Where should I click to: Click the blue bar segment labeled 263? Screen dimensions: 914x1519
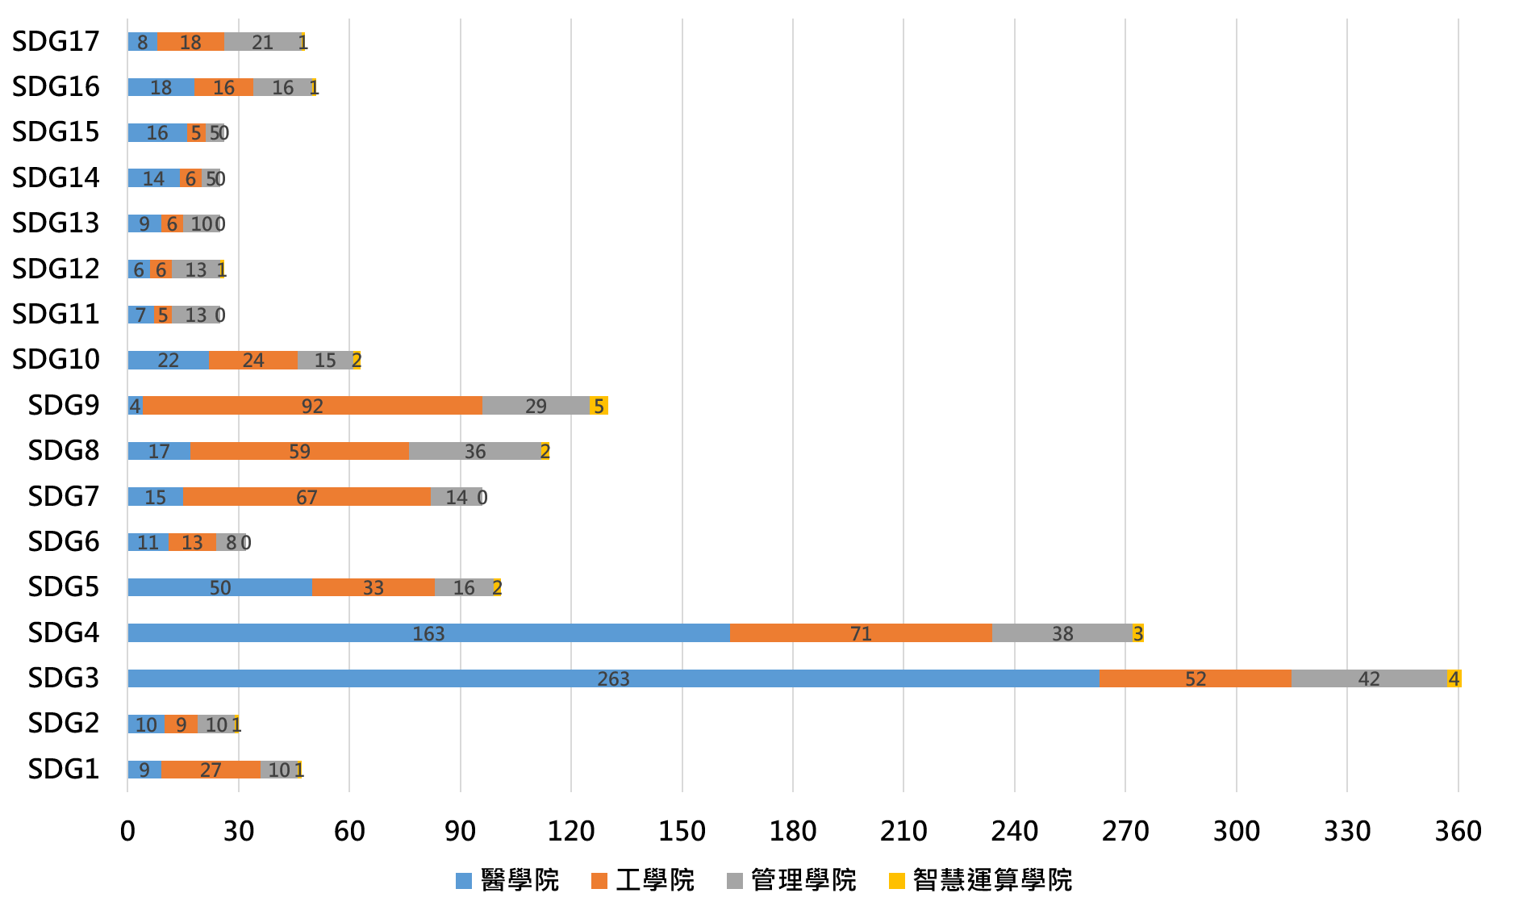[x=613, y=678]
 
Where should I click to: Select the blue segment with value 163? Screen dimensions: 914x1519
[x=428, y=633]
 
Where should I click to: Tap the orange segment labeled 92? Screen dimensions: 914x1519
[x=313, y=406]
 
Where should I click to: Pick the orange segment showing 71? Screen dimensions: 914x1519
[x=861, y=633]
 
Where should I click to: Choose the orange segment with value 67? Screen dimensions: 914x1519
[x=307, y=497]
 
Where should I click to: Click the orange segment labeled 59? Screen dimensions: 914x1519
[x=299, y=451]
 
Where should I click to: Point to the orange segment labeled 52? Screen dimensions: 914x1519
[x=1195, y=678]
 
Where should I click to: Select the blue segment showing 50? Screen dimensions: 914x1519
[x=219, y=587]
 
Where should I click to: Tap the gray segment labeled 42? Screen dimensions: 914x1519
[x=1369, y=678]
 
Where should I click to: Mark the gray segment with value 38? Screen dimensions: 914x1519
[x=1062, y=633]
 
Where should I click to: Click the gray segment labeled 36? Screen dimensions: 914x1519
[x=475, y=451]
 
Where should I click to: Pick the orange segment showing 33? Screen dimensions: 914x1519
[x=373, y=587]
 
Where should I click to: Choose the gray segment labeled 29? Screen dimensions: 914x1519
[x=536, y=406]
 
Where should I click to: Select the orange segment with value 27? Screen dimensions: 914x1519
[x=211, y=770]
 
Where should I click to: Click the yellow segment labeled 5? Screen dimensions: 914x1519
[x=599, y=406]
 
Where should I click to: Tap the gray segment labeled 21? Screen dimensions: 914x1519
[x=262, y=42]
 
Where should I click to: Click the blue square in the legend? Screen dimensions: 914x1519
[x=464, y=881]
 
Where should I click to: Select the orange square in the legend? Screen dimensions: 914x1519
[x=599, y=881]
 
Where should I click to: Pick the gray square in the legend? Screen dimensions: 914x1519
[x=735, y=881]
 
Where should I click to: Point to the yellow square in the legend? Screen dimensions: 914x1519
[x=897, y=881]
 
